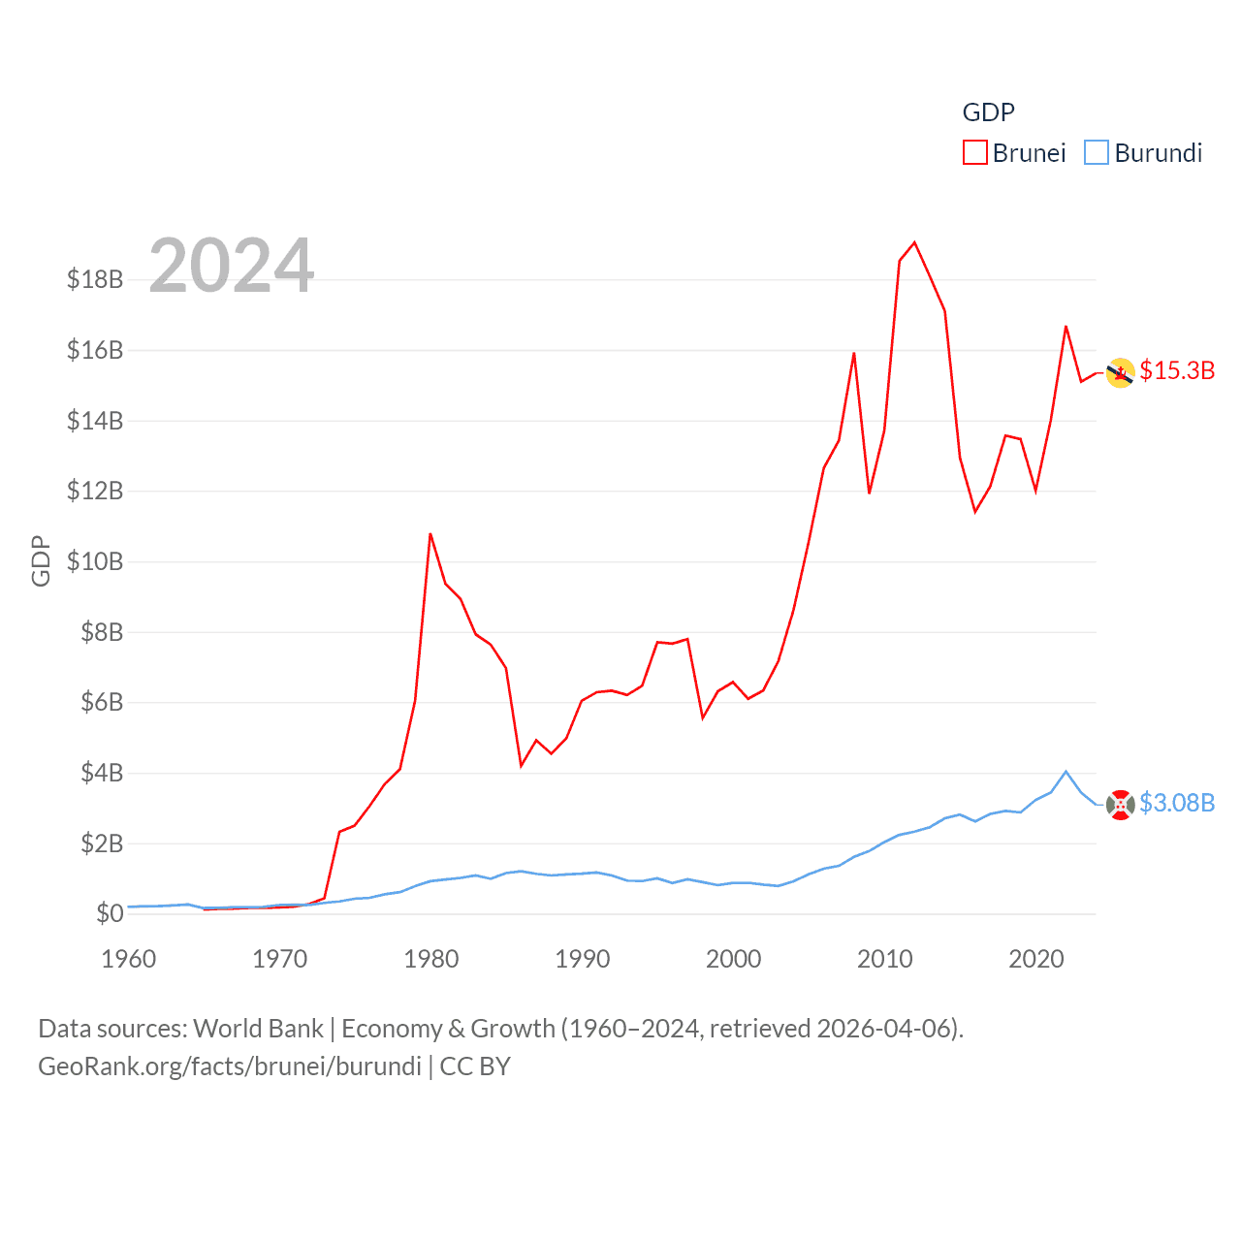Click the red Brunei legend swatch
coord(974,153)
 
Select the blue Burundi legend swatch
coord(1096,153)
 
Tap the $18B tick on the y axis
coord(95,279)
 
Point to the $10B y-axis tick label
coord(95,561)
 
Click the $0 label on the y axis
coord(110,913)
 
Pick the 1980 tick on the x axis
coord(431,959)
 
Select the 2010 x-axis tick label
coord(885,959)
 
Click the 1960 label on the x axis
coord(129,959)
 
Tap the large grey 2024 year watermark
coord(232,265)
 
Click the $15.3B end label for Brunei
coord(1177,370)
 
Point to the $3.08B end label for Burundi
coord(1177,803)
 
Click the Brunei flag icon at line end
coord(1121,373)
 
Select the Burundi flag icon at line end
coord(1121,805)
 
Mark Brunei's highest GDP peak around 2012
coord(914,243)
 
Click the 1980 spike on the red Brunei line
coord(430,534)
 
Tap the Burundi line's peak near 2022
coord(1066,772)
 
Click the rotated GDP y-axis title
coord(41,560)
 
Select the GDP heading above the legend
coord(988,112)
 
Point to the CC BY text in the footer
coord(475,1066)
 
